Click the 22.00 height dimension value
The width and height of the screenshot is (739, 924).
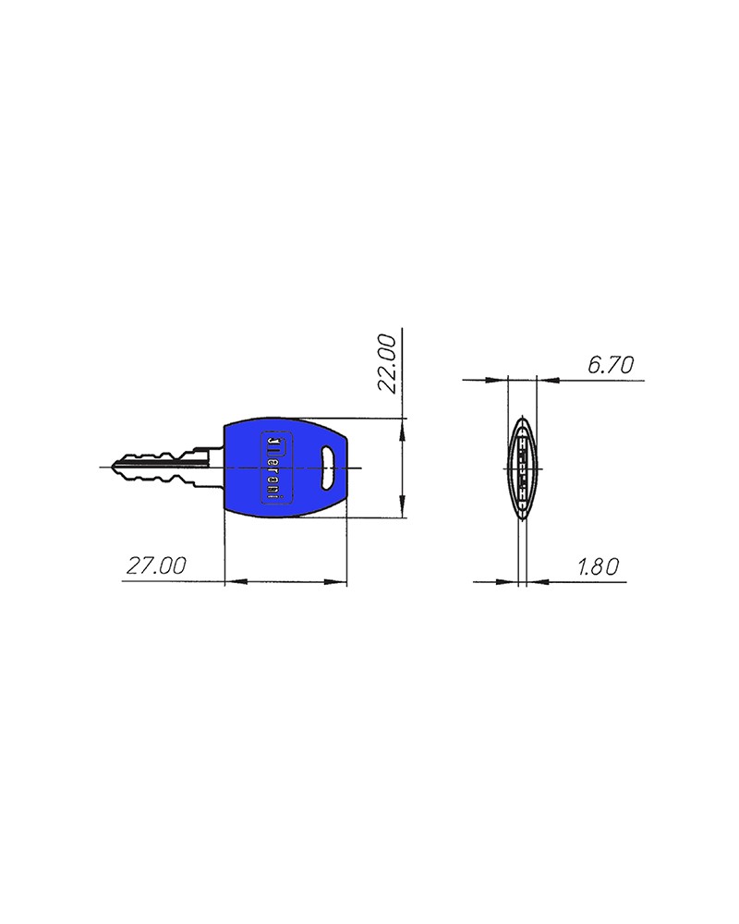pos(388,364)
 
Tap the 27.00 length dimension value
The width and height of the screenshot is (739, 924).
pos(154,565)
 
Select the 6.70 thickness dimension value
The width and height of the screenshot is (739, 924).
pos(611,365)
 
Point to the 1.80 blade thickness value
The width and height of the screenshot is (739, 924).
pos(597,566)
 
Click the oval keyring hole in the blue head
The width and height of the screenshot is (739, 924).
pos(328,468)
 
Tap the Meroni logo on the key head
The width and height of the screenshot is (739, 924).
pos(276,468)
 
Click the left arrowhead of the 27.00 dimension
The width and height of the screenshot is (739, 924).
pos(233,582)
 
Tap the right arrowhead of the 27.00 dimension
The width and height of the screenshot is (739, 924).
pos(339,582)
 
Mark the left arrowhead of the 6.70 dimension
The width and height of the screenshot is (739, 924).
pos(502,379)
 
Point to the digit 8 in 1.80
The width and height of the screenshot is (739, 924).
pos(597,566)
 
